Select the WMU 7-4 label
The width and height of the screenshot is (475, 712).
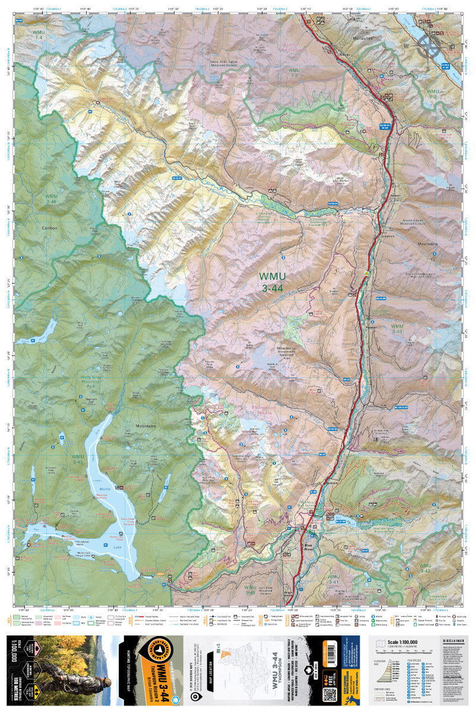click(39, 34)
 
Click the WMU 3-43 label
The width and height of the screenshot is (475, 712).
click(397, 329)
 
